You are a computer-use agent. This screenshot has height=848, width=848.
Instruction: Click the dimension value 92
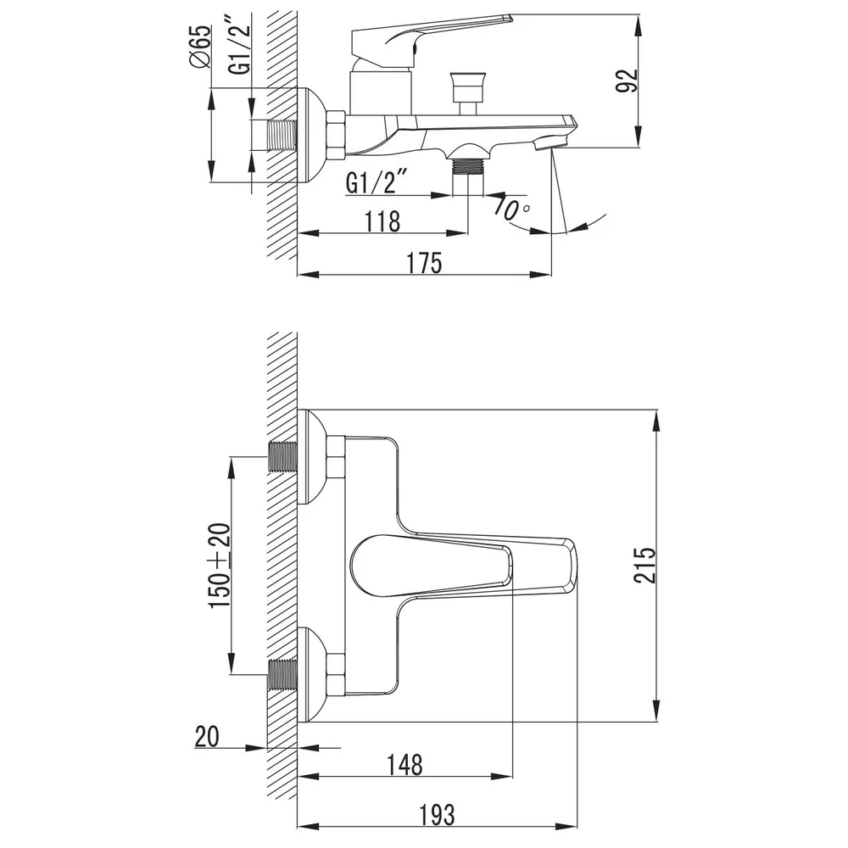click(627, 81)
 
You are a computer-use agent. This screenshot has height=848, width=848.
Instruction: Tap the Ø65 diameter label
click(199, 47)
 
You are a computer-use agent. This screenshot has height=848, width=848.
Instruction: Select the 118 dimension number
click(383, 221)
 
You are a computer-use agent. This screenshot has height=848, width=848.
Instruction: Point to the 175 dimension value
click(424, 263)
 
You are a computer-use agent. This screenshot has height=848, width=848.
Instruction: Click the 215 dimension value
click(644, 565)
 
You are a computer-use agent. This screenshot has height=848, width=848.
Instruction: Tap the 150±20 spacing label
click(220, 566)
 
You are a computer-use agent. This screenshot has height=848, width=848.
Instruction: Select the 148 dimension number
click(404, 765)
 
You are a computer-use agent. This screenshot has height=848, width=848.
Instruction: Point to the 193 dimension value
click(437, 814)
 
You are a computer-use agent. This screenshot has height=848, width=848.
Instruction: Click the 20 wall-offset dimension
click(207, 736)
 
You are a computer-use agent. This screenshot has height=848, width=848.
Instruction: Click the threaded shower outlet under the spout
click(468, 166)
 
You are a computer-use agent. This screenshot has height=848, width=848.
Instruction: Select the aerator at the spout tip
click(550, 143)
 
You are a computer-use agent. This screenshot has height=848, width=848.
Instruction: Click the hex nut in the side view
click(336, 135)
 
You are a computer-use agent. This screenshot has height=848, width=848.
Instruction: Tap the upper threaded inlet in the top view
click(283, 458)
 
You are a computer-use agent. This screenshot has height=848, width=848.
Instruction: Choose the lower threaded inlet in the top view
click(283, 675)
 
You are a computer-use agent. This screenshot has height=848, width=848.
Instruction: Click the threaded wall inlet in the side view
click(282, 135)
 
